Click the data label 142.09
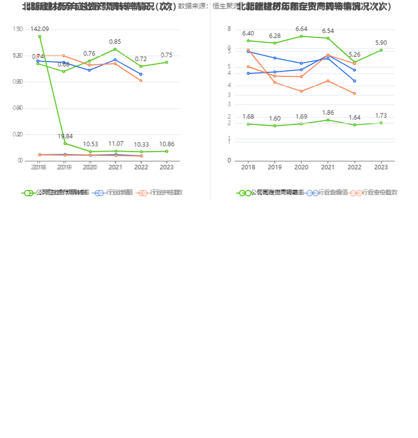point(39,29)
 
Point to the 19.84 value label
point(65,136)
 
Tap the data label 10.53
point(90,144)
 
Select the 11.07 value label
point(115,143)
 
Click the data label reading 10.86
point(167,144)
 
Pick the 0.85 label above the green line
point(115,41)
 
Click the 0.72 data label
point(141,59)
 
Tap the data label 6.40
point(248,33)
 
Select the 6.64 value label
point(302,29)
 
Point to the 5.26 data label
point(355,54)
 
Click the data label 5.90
point(381,42)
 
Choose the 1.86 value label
point(328,112)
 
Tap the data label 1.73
point(381,115)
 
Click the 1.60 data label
point(275,118)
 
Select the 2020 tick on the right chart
point(302,168)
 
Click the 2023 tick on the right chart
point(381,168)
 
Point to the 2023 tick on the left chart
point(167,168)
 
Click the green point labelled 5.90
point(381,50)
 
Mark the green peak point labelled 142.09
point(39,36)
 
